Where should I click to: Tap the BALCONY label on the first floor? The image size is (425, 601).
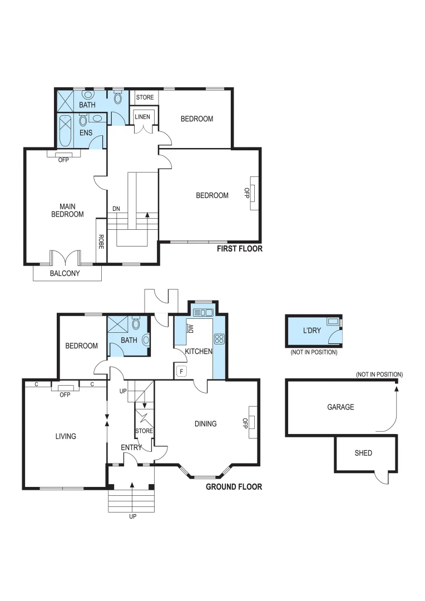pos(65,273)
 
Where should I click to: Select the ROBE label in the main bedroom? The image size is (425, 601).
pos(101,240)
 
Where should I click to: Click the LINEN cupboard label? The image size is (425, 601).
pos(142,116)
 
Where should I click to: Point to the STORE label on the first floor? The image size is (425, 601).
pos(145,97)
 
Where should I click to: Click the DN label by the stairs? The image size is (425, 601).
pos(116,209)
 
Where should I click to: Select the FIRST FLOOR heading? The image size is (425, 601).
pos(239,249)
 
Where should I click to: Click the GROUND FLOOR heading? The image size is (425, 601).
pos(234,487)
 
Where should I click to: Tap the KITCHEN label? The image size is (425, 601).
pos(198,352)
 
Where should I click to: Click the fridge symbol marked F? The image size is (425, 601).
pos(180,371)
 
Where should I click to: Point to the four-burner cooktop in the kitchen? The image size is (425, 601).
pos(219,338)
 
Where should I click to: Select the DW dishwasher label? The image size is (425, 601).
pos(190,328)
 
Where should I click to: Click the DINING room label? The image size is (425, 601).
pos(205,424)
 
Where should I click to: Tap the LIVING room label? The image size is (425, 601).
pos(65,436)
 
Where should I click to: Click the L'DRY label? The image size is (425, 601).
pos(312,331)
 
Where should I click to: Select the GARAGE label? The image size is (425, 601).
pos(340,407)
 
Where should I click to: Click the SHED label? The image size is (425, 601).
pos(363,453)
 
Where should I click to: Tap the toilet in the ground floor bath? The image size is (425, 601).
pos(145,339)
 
